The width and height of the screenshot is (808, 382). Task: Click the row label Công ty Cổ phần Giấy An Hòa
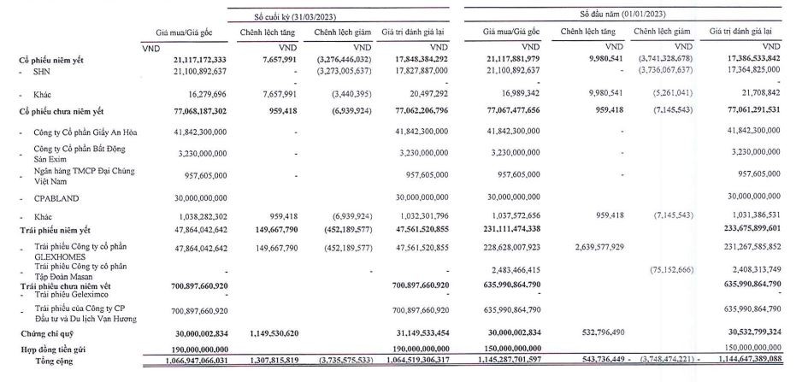[86, 132]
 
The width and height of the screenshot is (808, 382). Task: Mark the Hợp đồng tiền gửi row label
[55, 350]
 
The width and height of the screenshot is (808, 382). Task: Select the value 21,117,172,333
[189, 60]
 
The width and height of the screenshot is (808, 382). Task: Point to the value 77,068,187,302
[189, 111]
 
